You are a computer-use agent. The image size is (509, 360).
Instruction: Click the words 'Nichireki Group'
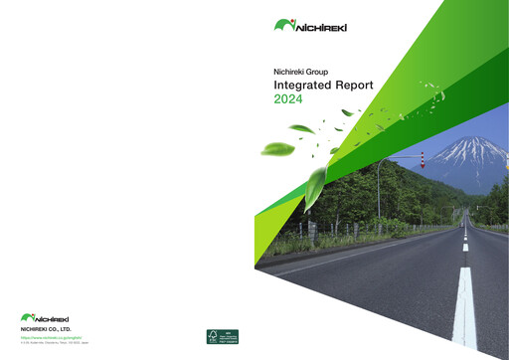301,72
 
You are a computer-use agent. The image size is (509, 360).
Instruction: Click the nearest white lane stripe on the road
464,308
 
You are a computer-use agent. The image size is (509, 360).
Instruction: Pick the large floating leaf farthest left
276,149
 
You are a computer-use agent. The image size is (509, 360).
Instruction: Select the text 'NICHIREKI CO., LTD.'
46,329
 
